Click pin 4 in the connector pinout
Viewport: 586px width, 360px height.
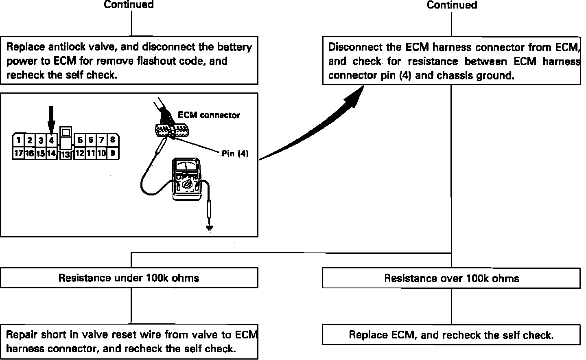click(51, 140)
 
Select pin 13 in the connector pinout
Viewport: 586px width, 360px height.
click(65, 155)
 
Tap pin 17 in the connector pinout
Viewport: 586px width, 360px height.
click(18, 154)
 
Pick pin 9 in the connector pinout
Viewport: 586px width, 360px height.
click(113, 154)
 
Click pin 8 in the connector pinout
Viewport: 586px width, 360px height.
click(113, 140)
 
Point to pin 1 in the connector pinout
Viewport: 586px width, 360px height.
click(18, 140)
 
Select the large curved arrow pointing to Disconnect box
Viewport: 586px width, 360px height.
click(313, 126)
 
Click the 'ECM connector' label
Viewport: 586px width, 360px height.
click(209, 115)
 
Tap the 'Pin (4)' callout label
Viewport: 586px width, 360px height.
click(235, 154)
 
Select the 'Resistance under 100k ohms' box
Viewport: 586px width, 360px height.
click(129, 278)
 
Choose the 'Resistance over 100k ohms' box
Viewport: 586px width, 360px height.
click(451, 279)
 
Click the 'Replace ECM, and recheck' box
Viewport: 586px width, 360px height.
click(451, 335)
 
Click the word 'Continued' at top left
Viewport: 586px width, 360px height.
click(129, 5)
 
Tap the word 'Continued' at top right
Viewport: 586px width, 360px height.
click(452, 5)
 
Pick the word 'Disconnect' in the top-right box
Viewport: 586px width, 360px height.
click(353, 47)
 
